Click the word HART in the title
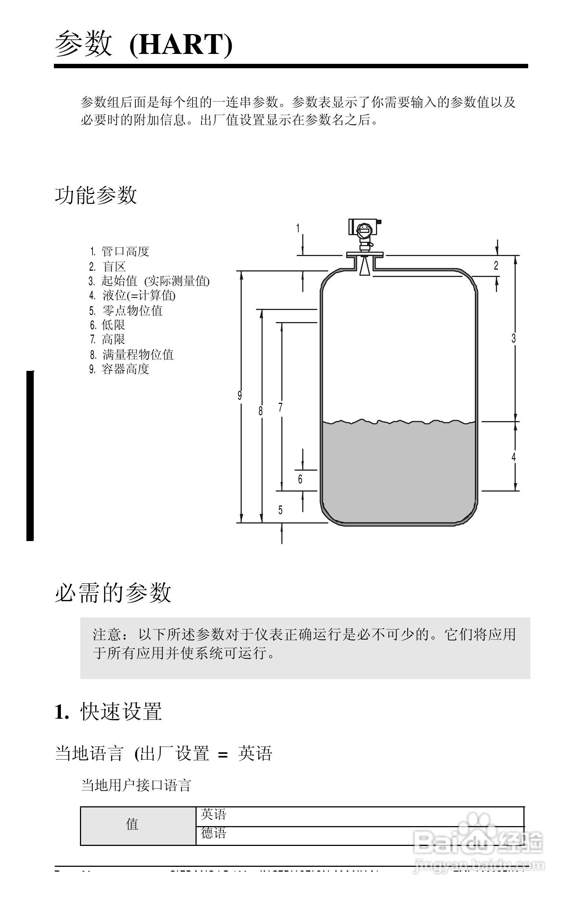point(181,44)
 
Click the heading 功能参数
point(96,195)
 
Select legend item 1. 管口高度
point(120,251)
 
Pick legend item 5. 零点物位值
point(126,311)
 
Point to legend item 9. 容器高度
point(120,369)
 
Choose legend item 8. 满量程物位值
point(132,355)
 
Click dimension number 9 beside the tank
point(240,395)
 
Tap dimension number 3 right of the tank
point(514,339)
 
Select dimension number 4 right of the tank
point(514,457)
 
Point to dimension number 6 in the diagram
point(300,479)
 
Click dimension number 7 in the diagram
point(280,408)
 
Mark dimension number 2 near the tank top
point(496,266)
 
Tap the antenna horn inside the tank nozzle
point(364,266)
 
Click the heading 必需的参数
point(113,593)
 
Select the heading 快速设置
point(121,712)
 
